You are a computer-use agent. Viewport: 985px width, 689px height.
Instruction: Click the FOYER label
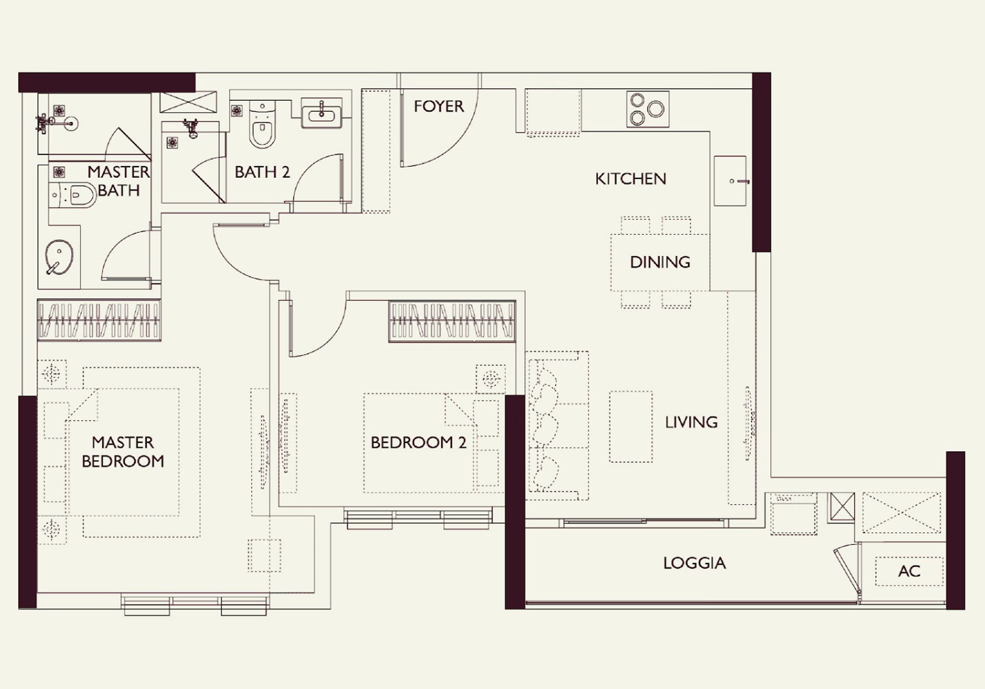click(438, 106)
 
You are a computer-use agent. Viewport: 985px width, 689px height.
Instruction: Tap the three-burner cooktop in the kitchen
click(647, 109)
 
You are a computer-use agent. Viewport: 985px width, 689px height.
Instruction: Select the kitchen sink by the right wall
click(730, 181)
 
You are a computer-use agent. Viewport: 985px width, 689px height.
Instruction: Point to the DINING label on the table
click(660, 262)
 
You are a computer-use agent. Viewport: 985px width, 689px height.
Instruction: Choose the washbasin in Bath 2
click(321, 113)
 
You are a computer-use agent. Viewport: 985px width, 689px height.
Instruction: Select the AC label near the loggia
click(909, 571)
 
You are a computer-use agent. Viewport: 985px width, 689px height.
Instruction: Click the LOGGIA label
click(694, 563)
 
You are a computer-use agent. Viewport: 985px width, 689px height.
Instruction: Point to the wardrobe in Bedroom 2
click(452, 321)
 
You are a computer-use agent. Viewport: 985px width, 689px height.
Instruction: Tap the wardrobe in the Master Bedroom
click(99, 320)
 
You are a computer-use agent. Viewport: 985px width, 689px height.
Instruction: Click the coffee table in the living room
click(630, 427)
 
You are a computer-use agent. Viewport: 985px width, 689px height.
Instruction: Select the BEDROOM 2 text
click(418, 443)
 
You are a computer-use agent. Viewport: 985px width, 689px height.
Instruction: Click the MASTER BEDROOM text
click(123, 452)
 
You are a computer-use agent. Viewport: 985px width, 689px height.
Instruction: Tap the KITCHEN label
click(630, 179)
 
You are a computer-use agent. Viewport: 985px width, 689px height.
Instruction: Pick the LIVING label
click(691, 422)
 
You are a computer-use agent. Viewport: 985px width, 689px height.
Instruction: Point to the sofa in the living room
click(556, 426)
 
